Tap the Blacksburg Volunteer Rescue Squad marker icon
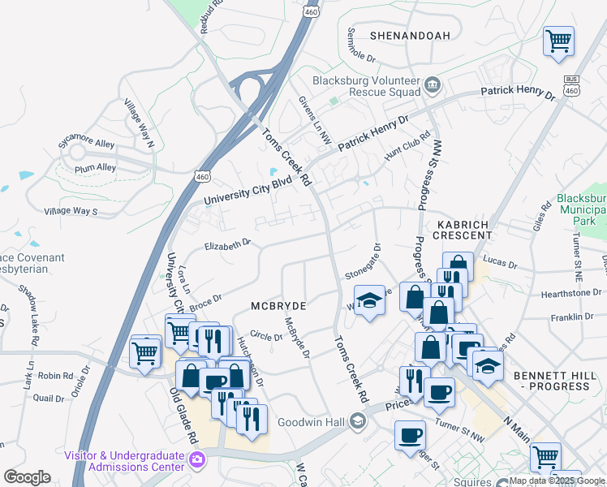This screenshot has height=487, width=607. click(x=433, y=84)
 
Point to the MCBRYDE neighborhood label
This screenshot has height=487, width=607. click(x=278, y=306)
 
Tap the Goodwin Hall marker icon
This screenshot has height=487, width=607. click(x=357, y=420)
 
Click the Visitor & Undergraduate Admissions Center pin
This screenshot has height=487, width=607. click(x=196, y=461)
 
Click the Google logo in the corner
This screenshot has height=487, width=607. click(x=27, y=477)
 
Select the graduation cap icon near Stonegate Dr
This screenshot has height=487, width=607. click(x=369, y=300)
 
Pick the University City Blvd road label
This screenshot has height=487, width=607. click(x=247, y=192)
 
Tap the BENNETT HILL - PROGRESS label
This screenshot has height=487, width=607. click(x=551, y=381)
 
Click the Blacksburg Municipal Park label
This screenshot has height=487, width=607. click(x=581, y=209)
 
